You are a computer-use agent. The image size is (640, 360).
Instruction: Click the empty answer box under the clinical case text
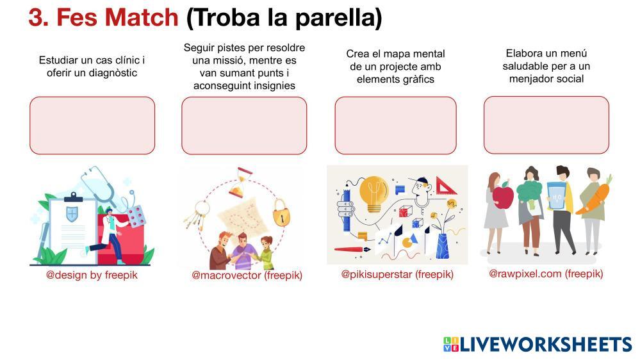[x=92, y=126]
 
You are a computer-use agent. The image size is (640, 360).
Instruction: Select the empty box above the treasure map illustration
[x=244, y=126]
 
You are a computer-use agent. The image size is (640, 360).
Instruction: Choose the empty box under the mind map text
[x=395, y=126]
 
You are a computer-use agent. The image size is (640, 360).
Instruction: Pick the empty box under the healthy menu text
[x=546, y=125]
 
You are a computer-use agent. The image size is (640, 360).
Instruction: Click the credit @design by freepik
[x=92, y=275]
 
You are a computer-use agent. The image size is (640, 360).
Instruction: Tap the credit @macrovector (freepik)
[x=247, y=275]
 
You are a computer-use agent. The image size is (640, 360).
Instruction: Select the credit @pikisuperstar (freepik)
[x=397, y=274]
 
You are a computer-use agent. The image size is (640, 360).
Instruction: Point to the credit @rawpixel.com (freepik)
[x=546, y=274]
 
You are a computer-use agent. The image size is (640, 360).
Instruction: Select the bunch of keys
[x=197, y=215]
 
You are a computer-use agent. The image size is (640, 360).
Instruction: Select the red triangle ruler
[x=446, y=186]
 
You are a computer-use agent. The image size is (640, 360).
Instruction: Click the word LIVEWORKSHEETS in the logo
[x=546, y=345]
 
